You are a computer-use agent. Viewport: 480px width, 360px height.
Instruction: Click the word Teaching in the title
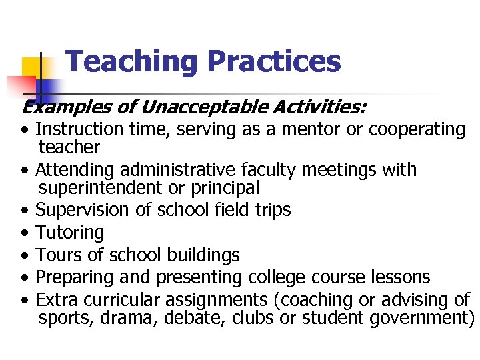click(132, 62)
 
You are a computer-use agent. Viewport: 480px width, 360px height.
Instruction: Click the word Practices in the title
click(273, 62)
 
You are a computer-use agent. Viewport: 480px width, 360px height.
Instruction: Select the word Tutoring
click(69, 233)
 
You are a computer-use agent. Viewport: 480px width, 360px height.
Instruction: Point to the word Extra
click(57, 299)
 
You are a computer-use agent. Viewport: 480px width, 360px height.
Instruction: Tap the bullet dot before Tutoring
click(25, 233)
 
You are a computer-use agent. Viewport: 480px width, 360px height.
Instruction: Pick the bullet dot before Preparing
click(25, 278)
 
